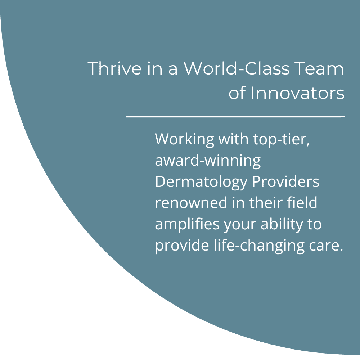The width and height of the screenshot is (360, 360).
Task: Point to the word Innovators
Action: [x=297, y=93]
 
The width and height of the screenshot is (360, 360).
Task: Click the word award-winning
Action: [x=208, y=161]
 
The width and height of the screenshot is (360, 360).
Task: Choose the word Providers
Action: [x=285, y=181]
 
